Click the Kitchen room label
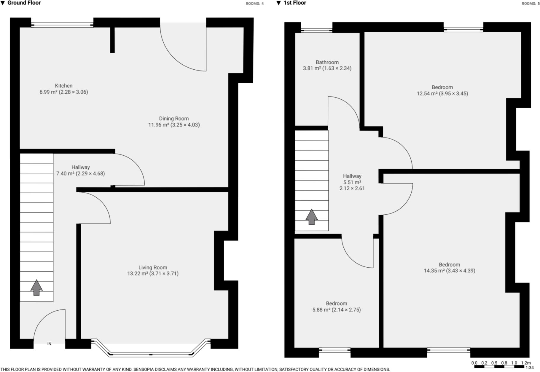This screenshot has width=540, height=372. click(63, 86)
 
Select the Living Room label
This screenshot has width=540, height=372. click(153, 267)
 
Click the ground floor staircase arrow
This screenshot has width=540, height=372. click(36, 287)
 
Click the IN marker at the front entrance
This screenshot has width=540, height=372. click(50, 344)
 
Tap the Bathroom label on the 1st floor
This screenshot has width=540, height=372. click(327, 62)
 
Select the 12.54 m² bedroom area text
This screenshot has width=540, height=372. click(427, 94)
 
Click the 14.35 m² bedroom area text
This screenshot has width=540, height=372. click(434, 271)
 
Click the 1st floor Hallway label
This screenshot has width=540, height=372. click(352, 176)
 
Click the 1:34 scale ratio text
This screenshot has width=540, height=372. click(529, 368)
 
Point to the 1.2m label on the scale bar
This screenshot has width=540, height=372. click(526, 363)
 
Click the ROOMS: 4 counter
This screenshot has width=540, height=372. click(254, 4)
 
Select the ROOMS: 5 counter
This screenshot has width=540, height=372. click(531, 4)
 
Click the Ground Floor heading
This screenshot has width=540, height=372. click(24, 3)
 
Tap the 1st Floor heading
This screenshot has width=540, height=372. click(294, 3)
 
